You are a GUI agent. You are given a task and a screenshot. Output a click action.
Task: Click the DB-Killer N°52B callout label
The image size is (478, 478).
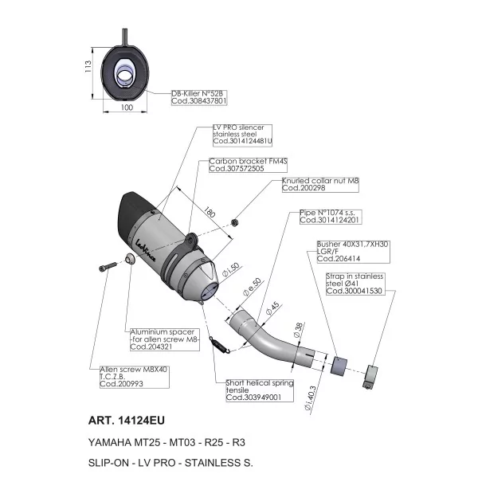pos(199,97)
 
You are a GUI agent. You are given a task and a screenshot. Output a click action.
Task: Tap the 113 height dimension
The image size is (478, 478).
pos(88,66)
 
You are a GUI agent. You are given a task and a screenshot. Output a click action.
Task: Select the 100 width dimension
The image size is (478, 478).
pos(127,108)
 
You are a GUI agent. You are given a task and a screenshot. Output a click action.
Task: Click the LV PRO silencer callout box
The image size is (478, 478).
pos(242,135)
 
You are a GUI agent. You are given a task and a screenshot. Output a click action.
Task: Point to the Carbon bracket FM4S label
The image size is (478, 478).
pos(248,165)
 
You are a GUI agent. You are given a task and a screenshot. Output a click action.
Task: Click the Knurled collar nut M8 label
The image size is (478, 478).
pos(320,185)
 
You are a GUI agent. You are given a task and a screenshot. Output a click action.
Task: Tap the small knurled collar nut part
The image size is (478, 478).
pos(235,222)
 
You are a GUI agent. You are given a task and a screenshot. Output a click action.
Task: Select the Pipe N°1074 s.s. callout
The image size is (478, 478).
pos(331,217)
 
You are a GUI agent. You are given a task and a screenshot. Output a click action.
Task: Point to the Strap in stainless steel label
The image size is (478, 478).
pos(355,284)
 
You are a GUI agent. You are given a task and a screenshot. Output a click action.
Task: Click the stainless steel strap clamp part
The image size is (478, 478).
pos(370,377)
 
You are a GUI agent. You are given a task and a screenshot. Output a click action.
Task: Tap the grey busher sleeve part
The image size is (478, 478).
pos(339,366)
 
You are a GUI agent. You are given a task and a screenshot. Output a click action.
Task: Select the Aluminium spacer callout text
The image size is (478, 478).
pos(165,339)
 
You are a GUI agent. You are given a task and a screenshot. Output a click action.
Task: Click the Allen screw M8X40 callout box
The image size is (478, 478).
pos(134,377)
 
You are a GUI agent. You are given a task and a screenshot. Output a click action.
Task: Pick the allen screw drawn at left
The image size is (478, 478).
pos(108,267)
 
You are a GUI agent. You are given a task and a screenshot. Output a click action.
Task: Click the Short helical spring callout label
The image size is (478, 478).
pos(260,390)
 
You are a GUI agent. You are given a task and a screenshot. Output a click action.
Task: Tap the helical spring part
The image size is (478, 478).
pos(220,345)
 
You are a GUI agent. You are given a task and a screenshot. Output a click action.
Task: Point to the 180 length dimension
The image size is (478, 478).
pos(209,212)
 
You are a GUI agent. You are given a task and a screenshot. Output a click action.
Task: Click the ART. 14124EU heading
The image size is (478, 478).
pos(126,421)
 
